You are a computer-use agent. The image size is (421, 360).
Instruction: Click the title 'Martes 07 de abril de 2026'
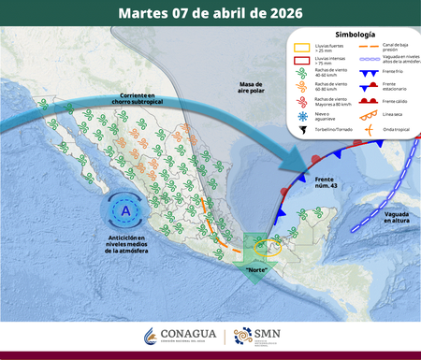tap(210, 13)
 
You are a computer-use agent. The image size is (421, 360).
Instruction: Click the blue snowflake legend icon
tap(299, 116)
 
